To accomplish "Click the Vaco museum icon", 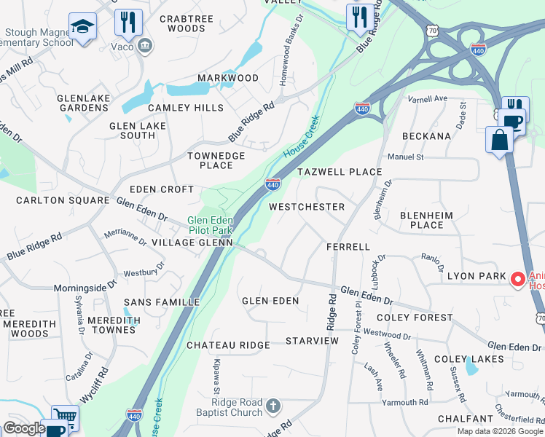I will (144, 47).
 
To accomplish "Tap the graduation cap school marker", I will (82, 28).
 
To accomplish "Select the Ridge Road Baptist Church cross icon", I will (272, 406).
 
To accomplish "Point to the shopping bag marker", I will (500, 140).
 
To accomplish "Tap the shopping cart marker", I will (65, 417).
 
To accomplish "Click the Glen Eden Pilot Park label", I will (210, 224).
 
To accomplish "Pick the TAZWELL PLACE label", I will (339, 172).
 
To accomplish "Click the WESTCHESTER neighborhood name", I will (306, 207).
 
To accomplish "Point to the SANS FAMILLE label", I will (162, 302).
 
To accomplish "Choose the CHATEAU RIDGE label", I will (228, 345).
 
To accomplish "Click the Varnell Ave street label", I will (427, 99).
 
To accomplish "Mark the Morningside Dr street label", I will (85, 288).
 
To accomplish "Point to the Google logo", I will (23, 428).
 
